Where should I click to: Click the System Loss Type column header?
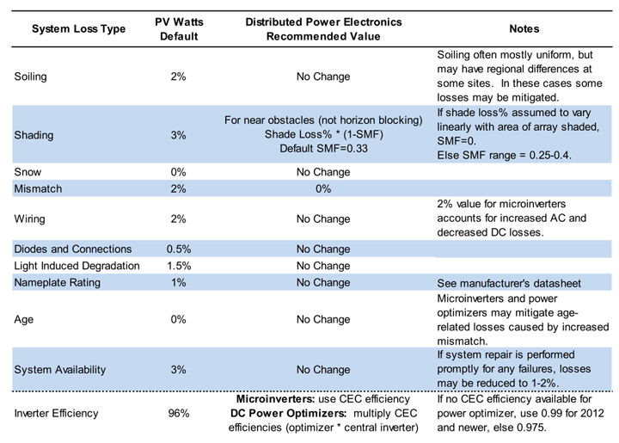pos(78,29)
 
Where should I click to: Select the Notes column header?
pos(524,29)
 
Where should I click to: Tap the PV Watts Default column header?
pos(179,29)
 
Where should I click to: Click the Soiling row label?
pos(30,77)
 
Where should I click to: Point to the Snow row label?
pos(28,172)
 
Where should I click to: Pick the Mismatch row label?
pos(38,188)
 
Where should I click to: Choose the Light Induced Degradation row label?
pos(77,266)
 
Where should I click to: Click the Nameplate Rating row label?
pos(58,283)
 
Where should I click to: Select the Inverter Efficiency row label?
pos(56,414)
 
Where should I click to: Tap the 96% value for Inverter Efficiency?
pos(179,414)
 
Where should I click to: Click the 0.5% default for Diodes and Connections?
pos(179,249)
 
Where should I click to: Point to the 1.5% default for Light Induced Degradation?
pos(179,266)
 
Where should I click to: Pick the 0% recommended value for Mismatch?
pos(323,188)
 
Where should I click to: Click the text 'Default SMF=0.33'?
pos(324,149)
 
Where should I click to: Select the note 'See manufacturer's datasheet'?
pos(509,284)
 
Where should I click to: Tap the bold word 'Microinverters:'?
pos(275,399)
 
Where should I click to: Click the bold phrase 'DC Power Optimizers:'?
pos(288,414)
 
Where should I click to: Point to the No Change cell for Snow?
pos(323,172)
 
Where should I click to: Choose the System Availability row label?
pos(60,370)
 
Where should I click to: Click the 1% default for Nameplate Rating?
pos(179,283)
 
